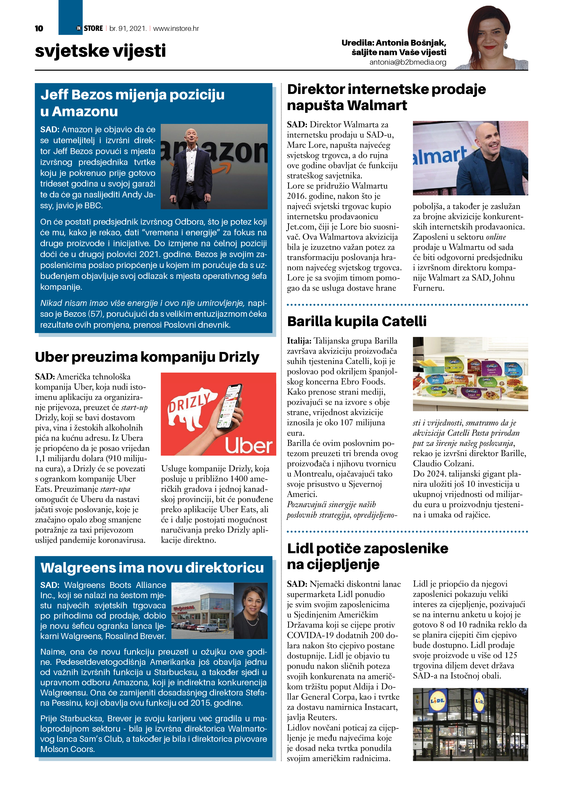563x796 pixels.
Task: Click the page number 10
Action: coord(39,28)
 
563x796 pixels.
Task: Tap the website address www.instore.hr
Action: coord(176,28)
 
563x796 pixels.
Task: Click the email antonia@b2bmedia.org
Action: coord(407,62)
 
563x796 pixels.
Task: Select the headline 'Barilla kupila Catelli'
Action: coord(357,321)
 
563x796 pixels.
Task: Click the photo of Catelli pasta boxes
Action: coord(470,374)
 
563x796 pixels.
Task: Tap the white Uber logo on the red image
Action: coord(249,445)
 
